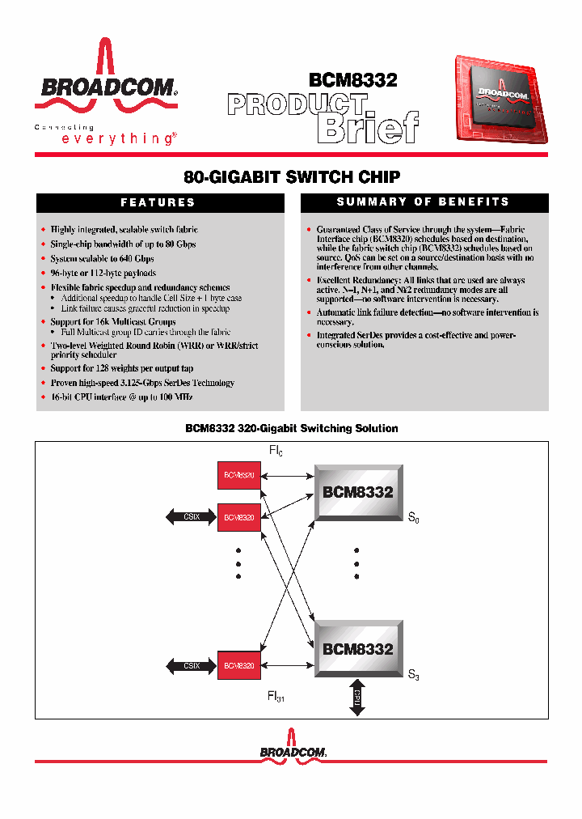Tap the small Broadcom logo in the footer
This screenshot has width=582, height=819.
(293, 748)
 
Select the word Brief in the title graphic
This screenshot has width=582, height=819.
(367, 126)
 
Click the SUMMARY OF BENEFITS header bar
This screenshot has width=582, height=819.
(424, 202)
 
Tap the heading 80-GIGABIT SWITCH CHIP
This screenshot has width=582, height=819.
(292, 176)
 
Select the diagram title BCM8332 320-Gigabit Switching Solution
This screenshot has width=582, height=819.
(292, 428)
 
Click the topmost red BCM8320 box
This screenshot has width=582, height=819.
(239, 475)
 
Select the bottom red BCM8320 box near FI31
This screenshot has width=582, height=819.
(239, 665)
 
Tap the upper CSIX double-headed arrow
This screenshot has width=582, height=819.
(191, 517)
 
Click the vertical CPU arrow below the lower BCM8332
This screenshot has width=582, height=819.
(356, 697)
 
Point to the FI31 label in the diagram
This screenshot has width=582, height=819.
(276, 696)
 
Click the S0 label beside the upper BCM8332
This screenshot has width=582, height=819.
(413, 517)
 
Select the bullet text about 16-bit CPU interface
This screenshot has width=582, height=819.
(121, 397)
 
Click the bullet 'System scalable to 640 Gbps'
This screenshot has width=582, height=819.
(102, 259)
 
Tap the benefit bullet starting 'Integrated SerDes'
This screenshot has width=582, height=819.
(415, 339)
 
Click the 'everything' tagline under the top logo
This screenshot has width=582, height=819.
(118, 138)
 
